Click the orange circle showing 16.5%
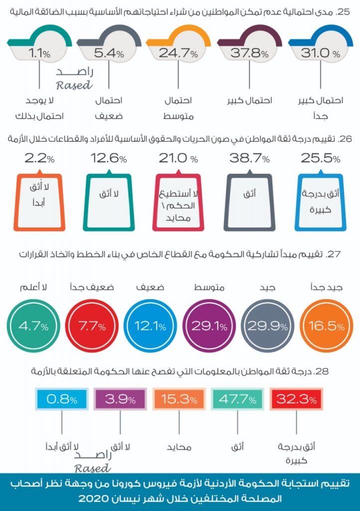(x=326, y=326)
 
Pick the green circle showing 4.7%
(x=34, y=326)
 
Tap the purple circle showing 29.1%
(x=209, y=326)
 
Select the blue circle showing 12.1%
(x=151, y=326)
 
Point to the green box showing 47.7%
(x=236, y=399)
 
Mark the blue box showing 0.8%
(x=62, y=399)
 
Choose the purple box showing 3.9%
(x=120, y=399)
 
